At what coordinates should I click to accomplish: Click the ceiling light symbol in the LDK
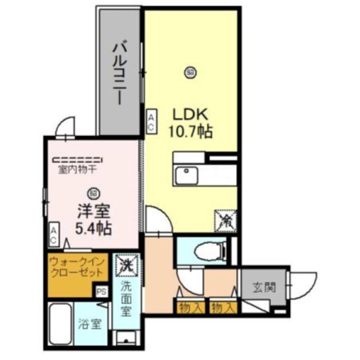click(190, 71)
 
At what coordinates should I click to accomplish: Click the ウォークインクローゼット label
click(76, 267)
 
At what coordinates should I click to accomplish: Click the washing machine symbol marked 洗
click(125, 264)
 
